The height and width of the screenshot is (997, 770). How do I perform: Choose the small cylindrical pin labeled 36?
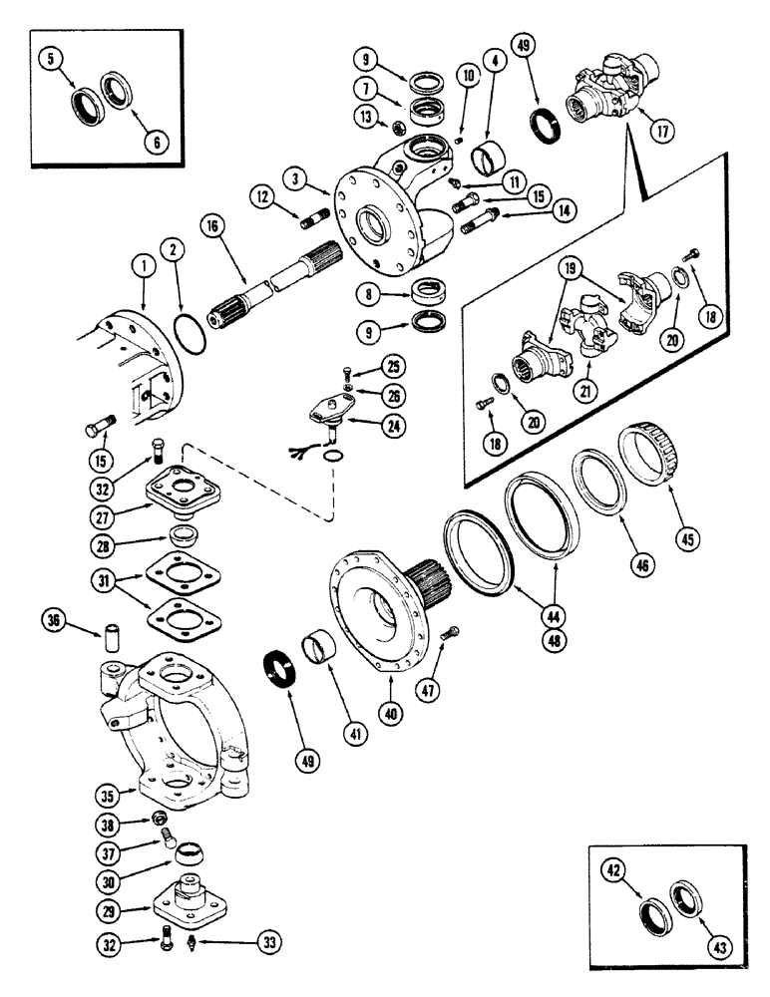112,634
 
